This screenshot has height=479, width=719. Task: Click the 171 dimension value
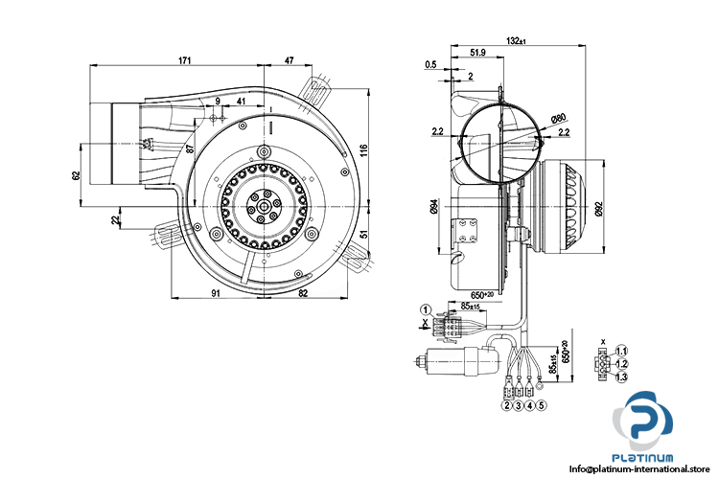[185, 60]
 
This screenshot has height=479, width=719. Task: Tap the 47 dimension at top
[289, 60]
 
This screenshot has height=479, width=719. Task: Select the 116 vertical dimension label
[363, 150]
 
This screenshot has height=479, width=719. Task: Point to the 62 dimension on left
[76, 175]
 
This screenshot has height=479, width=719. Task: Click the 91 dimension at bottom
[216, 292]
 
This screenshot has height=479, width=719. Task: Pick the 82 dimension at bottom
[303, 292]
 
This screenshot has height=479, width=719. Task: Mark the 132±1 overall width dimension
[517, 40]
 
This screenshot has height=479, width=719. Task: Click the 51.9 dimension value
[477, 53]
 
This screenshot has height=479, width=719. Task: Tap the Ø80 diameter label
[558, 118]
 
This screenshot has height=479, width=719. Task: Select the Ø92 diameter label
[598, 208]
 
